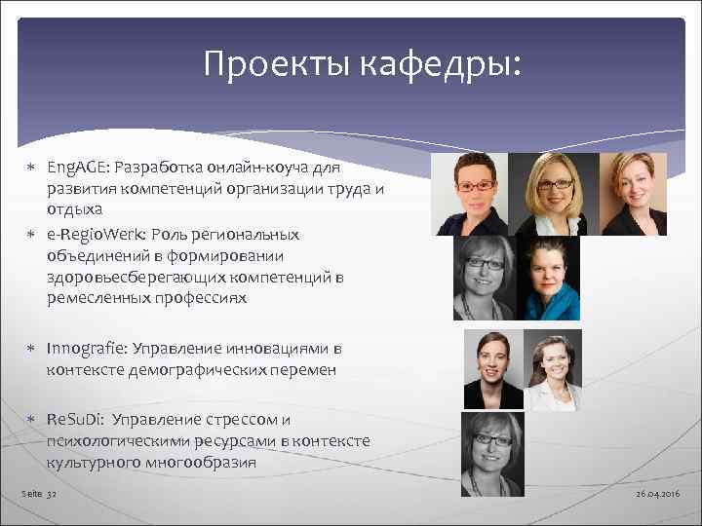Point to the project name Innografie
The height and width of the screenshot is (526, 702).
click(83, 348)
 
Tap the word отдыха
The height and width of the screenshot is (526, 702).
click(71, 209)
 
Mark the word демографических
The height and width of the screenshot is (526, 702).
click(237, 369)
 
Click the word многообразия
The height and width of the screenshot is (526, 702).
click(200, 463)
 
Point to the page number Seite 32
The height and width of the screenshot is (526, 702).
click(40, 495)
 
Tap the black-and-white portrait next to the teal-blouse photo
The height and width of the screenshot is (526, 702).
click(483, 280)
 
